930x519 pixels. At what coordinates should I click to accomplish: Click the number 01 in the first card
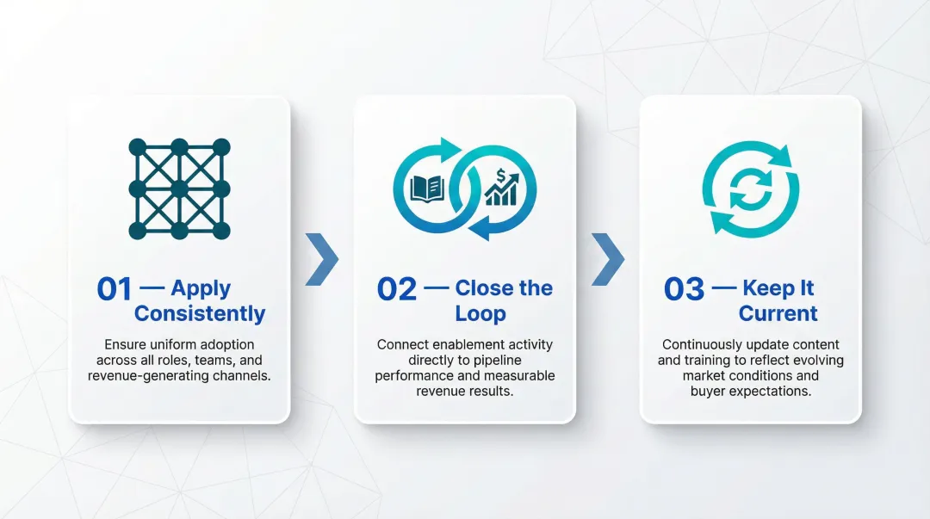tap(115, 289)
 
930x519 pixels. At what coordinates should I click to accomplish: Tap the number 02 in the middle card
tap(397, 289)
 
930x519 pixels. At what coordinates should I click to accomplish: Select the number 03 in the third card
tap(684, 289)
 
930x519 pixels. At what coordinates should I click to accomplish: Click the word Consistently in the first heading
tap(200, 313)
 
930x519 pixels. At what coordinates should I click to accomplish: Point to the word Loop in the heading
tap(480, 313)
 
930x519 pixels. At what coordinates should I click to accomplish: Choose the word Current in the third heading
tap(778, 313)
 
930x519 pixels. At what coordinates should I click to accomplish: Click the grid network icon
tap(179, 188)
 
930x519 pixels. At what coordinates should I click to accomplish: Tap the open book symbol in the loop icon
tap(427, 188)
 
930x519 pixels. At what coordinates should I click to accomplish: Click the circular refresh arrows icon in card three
tap(750, 188)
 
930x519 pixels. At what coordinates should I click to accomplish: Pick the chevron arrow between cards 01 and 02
tap(322, 259)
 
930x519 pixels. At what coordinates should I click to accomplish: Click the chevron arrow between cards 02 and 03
tap(608, 259)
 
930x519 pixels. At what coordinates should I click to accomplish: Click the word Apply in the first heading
tap(201, 288)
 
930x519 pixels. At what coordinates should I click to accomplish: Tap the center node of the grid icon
tap(179, 188)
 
